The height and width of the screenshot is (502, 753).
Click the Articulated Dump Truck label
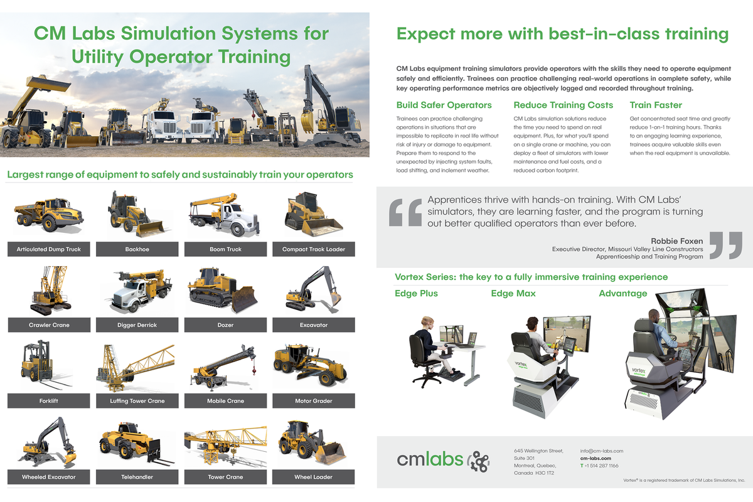point(49,249)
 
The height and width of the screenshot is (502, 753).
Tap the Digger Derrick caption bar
point(137,325)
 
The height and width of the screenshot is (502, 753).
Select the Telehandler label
point(137,477)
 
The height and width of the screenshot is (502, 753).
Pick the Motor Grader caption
point(313,401)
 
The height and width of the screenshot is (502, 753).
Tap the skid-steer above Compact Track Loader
point(312,215)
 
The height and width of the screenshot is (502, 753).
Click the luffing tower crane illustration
point(135,367)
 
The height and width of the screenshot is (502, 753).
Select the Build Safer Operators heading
point(444,105)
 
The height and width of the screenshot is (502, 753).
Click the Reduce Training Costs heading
point(563,105)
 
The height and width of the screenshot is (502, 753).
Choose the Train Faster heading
point(656,105)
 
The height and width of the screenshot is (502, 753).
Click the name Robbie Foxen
point(676,241)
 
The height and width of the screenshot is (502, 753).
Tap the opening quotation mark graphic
point(405,213)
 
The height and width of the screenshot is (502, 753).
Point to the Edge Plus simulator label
point(416,294)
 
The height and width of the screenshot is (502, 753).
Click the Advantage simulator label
point(622,294)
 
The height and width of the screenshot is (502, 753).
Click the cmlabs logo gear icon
point(480,461)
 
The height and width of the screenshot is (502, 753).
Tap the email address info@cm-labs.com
point(601,451)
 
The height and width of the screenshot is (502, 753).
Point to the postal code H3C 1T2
point(544,473)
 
